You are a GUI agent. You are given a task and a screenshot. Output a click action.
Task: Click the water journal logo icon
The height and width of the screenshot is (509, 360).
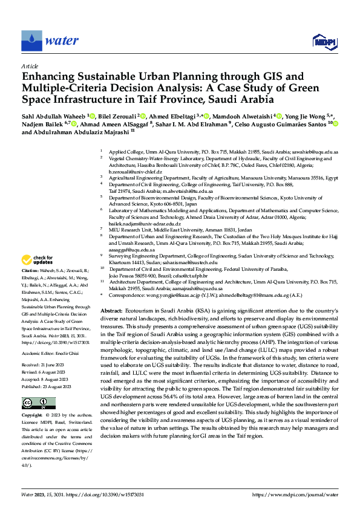click(x=31, y=41)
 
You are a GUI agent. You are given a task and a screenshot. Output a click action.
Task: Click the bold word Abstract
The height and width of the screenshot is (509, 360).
click(x=111, y=310)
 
